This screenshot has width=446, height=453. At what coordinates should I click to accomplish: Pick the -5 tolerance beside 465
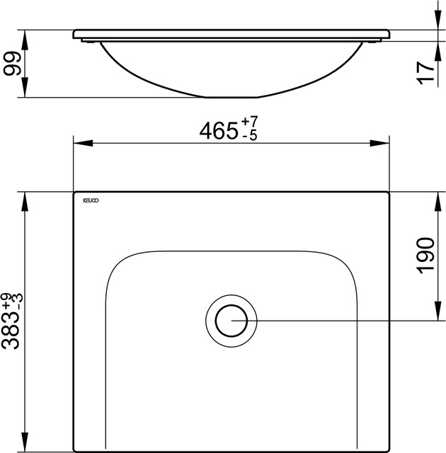coord(249,137)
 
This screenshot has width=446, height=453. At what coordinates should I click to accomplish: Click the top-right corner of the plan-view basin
coord(387,193)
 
